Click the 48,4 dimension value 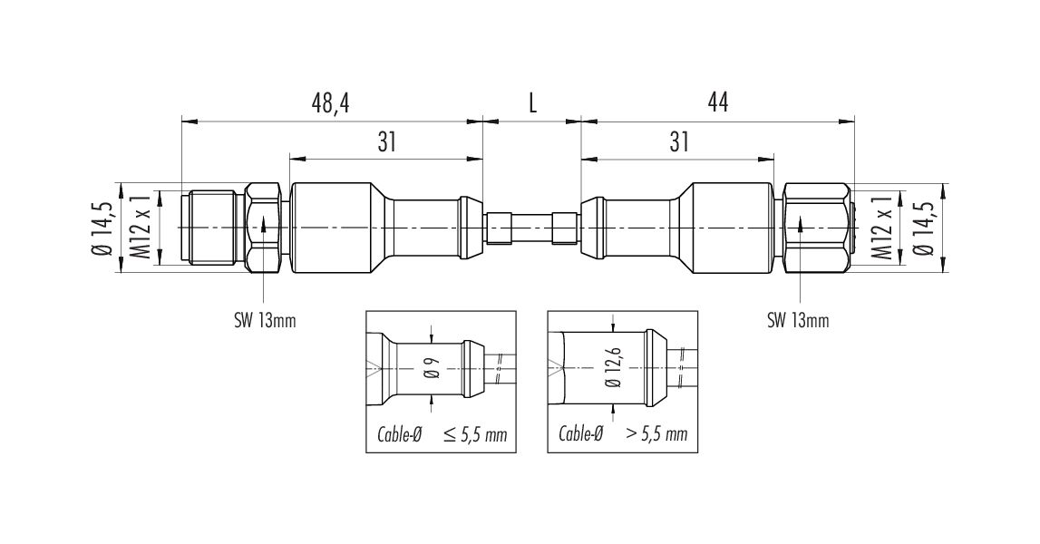point(330,102)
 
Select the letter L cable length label point(532,102)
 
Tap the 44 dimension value point(717,102)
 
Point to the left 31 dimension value point(386,141)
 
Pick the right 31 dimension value point(678,141)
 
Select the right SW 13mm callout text point(798,322)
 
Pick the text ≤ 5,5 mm point(475,434)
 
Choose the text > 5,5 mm point(656,434)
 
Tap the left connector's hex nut point(263,228)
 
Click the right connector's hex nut point(816,228)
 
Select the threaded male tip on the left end point(212,228)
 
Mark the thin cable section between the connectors point(532,228)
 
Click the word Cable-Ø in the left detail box point(399,434)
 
